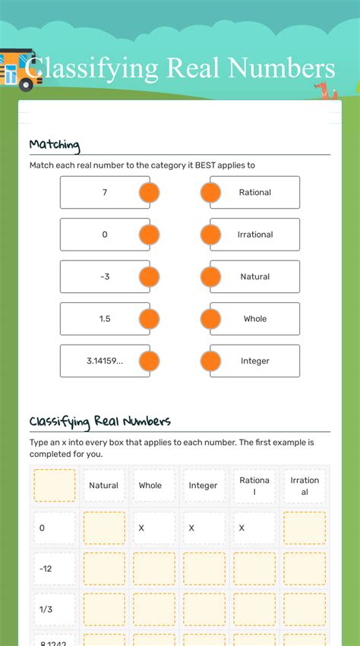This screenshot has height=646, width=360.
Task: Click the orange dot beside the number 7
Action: (150, 193)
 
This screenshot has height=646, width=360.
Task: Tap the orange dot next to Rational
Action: (210, 193)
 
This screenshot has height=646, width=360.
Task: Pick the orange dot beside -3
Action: (150, 277)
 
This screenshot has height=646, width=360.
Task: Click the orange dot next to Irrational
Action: (210, 235)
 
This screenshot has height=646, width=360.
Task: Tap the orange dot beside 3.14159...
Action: (150, 361)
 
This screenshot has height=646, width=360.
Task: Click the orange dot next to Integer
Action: (210, 361)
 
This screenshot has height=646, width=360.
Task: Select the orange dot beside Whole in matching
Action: (210, 319)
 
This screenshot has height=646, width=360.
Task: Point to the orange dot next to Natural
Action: (210, 277)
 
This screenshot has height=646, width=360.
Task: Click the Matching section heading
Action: (55, 144)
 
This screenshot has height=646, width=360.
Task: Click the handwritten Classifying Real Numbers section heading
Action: (100, 421)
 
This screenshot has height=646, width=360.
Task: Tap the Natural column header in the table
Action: (104, 485)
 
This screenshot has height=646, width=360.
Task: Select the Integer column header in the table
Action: (203, 485)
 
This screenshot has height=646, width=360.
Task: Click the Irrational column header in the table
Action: (305, 485)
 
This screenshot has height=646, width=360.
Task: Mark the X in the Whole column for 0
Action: (141, 528)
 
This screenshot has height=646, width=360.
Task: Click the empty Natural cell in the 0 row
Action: (104, 528)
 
